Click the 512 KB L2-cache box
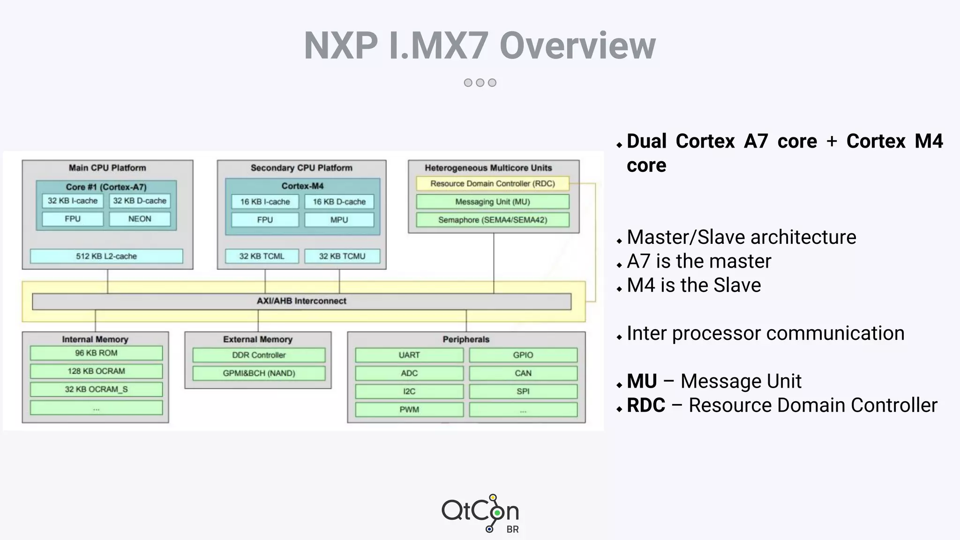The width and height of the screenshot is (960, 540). click(x=106, y=256)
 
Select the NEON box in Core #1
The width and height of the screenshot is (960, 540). click(x=140, y=219)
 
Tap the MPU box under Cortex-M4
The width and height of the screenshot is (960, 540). click(x=339, y=220)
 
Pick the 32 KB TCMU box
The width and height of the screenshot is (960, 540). click(x=342, y=256)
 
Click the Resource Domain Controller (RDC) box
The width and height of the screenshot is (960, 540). click(x=492, y=184)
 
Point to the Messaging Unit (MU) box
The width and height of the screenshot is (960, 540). click(x=492, y=202)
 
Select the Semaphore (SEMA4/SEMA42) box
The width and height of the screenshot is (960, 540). click(x=492, y=220)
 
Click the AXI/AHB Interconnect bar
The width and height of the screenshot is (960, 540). click(x=301, y=301)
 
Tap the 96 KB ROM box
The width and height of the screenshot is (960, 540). click(x=96, y=353)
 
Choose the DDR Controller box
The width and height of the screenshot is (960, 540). click(x=258, y=355)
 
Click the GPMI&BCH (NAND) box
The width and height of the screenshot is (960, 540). click(x=258, y=373)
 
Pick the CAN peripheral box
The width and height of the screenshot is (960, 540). click(x=523, y=373)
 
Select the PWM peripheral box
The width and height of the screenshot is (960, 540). click(x=409, y=409)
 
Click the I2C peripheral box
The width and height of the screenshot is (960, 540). click(x=409, y=391)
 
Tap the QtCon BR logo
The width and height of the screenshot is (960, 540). click(x=480, y=513)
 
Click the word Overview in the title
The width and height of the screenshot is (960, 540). click(x=577, y=45)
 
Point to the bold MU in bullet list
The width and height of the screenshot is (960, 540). click(x=642, y=381)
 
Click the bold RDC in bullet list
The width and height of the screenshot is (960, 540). click(x=646, y=405)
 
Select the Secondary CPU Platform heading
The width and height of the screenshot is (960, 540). click(x=301, y=168)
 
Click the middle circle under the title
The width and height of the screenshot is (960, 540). click(x=480, y=82)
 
